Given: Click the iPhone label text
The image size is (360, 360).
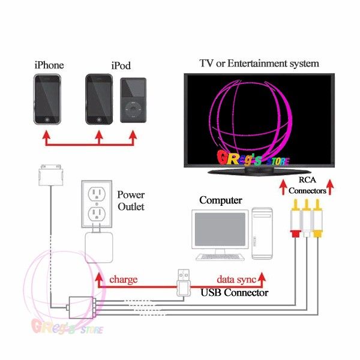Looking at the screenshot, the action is (x=49, y=65).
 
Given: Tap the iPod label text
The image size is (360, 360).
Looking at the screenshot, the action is (x=121, y=65).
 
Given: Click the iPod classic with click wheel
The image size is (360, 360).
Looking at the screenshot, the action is (x=133, y=100).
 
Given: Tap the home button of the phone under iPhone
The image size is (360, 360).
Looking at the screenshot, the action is (x=47, y=119).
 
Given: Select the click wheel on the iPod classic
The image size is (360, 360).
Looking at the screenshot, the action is (x=133, y=110).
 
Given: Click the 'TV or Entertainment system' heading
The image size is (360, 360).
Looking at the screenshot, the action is (x=259, y=64).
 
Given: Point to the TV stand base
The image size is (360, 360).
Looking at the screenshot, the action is (x=259, y=172).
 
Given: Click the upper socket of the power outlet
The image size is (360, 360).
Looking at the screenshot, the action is (x=97, y=194).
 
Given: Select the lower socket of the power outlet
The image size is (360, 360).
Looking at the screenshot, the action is (x=97, y=214).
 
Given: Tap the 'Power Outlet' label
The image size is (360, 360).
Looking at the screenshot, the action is (x=131, y=200).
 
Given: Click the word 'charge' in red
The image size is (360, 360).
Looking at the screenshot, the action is (x=123, y=280).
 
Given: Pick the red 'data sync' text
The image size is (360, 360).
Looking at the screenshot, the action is (x=236, y=280).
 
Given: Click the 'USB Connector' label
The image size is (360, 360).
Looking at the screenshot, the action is (x=234, y=293).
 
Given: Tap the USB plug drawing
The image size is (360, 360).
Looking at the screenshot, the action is (x=184, y=283).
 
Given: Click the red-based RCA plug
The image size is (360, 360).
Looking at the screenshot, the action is (x=295, y=218).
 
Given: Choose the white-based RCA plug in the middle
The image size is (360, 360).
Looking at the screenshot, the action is (x=306, y=218).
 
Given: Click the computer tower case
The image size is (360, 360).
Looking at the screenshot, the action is (x=262, y=233).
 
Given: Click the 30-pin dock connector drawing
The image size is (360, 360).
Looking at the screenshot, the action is (x=51, y=175).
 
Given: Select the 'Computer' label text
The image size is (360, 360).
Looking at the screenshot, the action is (x=221, y=200).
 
